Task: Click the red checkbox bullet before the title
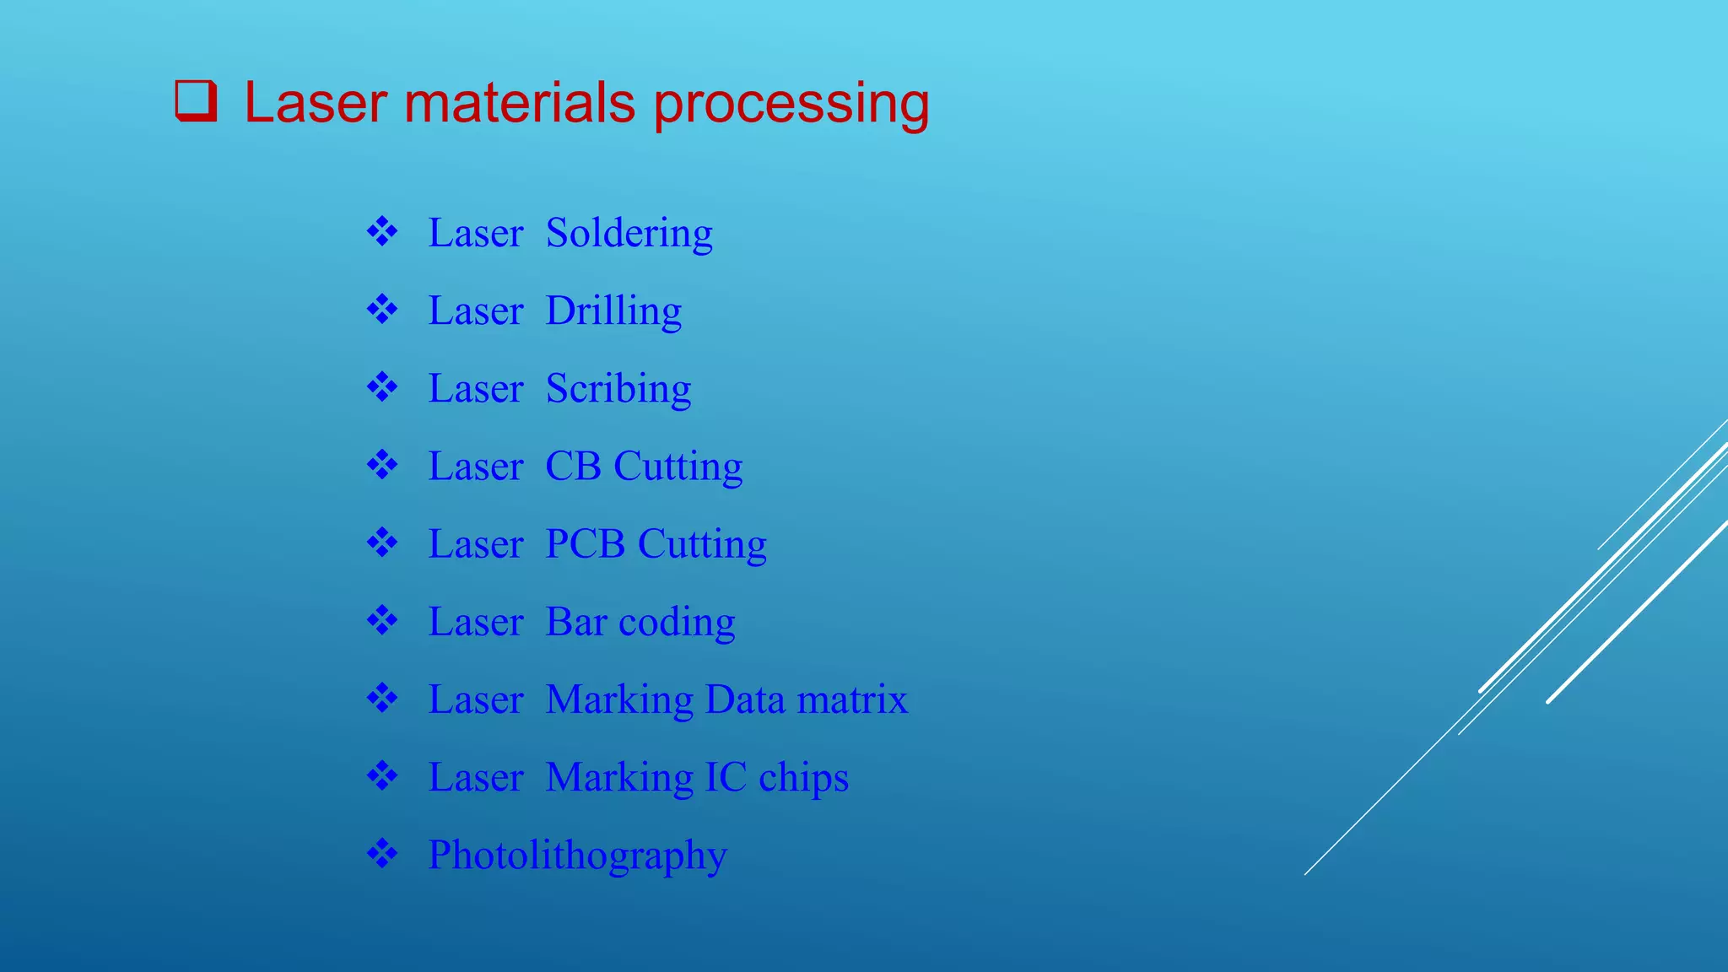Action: [x=196, y=101]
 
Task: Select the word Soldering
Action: [x=629, y=234]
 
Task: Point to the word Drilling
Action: [x=613, y=311]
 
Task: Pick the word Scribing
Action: [x=618, y=389]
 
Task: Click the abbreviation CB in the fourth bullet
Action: [x=573, y=467]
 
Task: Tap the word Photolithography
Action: [x=577, y=856]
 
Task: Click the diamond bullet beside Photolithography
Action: [x=382, y=854]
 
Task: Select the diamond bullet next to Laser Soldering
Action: [x=382, y=231]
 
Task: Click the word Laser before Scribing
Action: [x=476, y=389]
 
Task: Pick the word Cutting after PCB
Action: [x=702, y=544]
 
